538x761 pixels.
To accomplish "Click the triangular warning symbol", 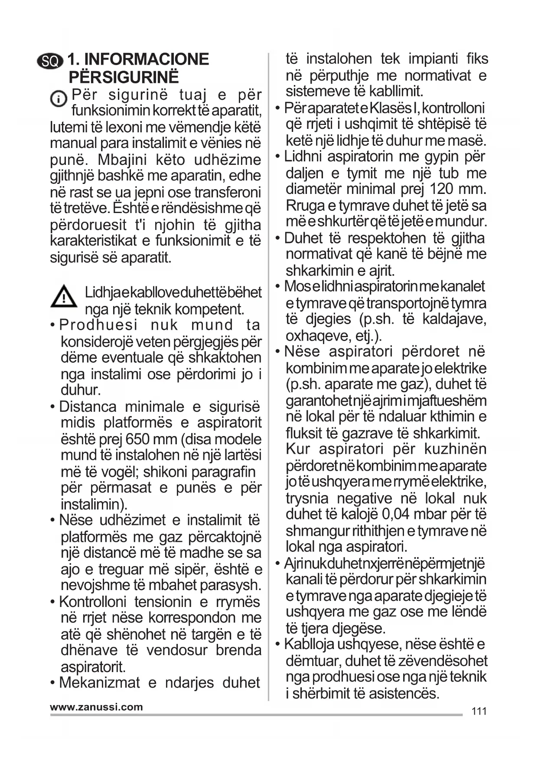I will coord(64,297).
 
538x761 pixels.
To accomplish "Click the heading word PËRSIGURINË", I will coord(124,77).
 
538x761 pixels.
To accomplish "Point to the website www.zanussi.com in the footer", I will coord(96,707).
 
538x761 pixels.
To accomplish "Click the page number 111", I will coord(479,711).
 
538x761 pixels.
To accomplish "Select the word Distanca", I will coord(88,407).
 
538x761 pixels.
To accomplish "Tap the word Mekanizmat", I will coord(99,682).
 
